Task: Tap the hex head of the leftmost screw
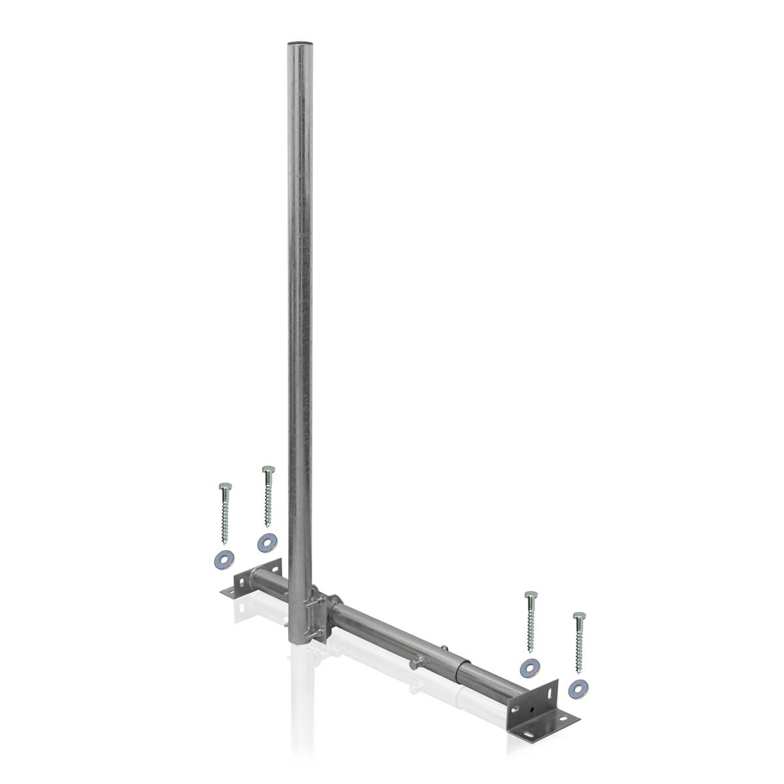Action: (224, 486)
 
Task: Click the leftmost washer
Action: (223, 559)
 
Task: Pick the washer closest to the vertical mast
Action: (266, 541)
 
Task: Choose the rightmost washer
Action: (578, 686)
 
